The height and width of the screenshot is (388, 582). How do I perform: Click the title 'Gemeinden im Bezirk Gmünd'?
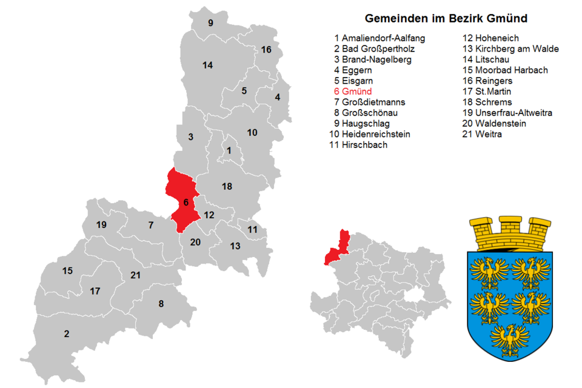point(446,18)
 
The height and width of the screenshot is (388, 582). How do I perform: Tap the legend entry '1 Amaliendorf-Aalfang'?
point(379,38)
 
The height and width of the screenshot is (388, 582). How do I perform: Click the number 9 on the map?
point(210,23)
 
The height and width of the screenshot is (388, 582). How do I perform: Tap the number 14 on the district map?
point(207,65)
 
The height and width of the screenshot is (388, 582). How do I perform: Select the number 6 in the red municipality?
point(186,202)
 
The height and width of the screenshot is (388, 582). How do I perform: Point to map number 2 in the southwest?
point(67,333)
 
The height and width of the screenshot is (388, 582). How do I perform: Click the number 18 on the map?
point(227,187)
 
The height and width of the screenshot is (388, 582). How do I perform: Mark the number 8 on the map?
point(161,304)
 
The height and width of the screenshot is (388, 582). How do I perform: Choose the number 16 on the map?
point(266,49)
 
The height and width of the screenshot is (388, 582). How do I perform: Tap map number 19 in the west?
point(101,225)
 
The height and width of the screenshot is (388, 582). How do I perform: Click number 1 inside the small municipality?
point(229,150)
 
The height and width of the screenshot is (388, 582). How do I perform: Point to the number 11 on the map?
point(252,230)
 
